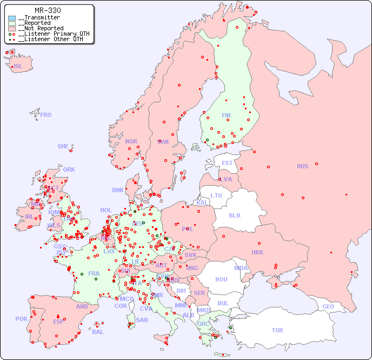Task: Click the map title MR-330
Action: pos(48,10)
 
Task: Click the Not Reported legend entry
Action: pos(41,28)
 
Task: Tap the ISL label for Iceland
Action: pos(18,67)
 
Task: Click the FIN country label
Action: pos(226,115)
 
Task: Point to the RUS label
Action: pos(302,166)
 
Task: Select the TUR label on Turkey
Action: pos(277,330)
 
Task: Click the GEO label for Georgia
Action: pos(328,306)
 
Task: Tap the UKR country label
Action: pos(257,252)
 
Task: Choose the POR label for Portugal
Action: pos(21,319)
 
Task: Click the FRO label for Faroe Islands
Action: pos(46,115)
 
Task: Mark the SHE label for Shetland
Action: pos(63,146)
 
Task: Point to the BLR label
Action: pos(234,215)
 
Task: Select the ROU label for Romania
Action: pos(221,279)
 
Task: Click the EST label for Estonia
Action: pos(227,163)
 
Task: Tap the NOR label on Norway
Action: pos(131,141)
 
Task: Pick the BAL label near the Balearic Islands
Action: pos(98,332)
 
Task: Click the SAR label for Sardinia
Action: pos(142,320)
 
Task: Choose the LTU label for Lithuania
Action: pos(216,195)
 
